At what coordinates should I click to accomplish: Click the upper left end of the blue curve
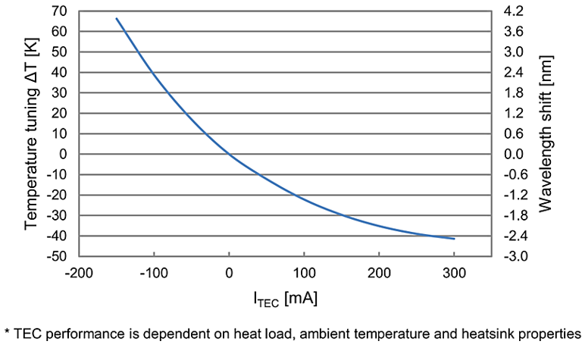117,18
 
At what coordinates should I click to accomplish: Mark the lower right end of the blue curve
454,239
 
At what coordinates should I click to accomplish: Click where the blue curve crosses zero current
229,155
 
